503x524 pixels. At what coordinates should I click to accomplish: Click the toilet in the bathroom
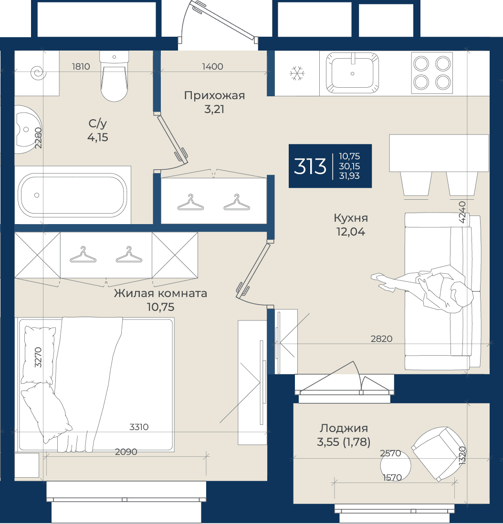pyautogui.click(x=114, y=76)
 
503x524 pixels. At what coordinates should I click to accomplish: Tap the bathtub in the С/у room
pyautogui.click(x=73, y=195)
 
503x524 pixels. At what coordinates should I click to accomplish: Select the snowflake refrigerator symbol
pyautogui.click(x=297, y=73)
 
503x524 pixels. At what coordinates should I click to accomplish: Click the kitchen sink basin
pyautogui.click(x=352, y=72)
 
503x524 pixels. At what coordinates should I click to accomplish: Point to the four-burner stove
pyautogui.click(x=432, y=72)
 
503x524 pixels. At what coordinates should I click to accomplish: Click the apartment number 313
pyautogui.click(x=310, y=166)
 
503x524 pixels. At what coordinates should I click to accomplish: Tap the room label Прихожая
pyautogui.click(x=214, y=96)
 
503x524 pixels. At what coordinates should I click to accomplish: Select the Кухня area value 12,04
pyautogui.click(x=350, y=232)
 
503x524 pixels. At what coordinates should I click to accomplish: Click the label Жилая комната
pyautogui.click(x=160, y=293)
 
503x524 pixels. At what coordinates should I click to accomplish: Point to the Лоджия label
pyautogui.click(x=344, y=429)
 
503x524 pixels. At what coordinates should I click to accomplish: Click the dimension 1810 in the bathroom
pyautogui.click(x=81, y=66)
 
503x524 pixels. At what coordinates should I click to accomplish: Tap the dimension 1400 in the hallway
pyautogui.click(x=212, y=66)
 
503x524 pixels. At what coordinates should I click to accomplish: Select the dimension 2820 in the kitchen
pyautogui.click(x=381, y=339)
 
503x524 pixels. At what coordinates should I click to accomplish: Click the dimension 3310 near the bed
pyautogui.click(x=139, y=427)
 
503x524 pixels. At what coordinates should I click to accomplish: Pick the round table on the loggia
pyautogui.click(x=396, y=465)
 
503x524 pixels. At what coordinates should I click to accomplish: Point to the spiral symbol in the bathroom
pyautogui.click(x=38, y=72)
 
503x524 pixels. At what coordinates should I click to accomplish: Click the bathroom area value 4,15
pyautogui.click(x=98, y=137)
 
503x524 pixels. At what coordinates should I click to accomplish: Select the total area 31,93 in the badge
pyautogui.click(x=349, y=176)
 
